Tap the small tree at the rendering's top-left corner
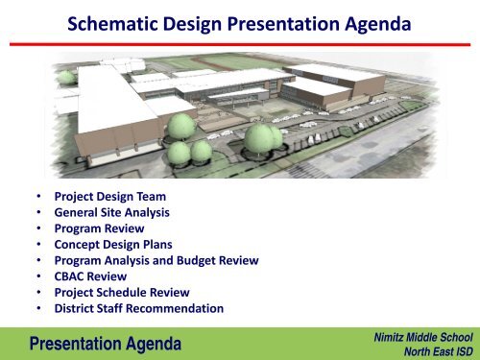[63, 76]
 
